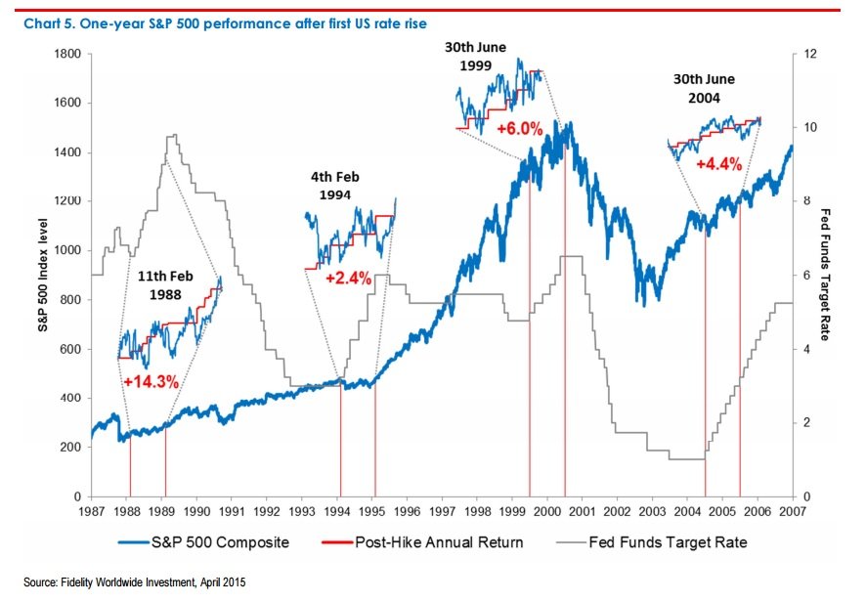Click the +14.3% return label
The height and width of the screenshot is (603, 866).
(x=151, y=382)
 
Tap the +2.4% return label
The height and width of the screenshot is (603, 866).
(x=347, y=278)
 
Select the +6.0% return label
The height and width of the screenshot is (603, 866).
(x=519, y=128)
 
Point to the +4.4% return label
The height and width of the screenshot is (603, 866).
(x=717, y=164)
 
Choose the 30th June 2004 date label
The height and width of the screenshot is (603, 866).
(x=704, y=89)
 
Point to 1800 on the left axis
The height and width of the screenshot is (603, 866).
(x=65, y=55)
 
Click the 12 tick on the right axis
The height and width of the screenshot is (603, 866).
(x=805, y=55)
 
